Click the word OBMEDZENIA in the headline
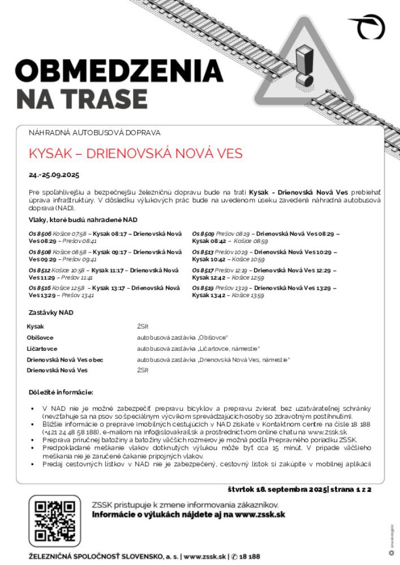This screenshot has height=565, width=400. (x=119, y=72)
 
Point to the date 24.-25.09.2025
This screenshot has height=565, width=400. (x=54, y=175)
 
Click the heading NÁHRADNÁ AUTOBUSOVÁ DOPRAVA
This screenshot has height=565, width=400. (x=94, y=133)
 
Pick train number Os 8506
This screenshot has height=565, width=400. (x=40, y=233)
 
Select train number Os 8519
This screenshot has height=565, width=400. (x=203, y=288)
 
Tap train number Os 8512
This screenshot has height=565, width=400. (x=40, y=270)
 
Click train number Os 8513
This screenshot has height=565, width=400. (x=203, y=251)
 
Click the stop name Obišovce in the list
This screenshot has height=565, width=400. (x=40, y=337)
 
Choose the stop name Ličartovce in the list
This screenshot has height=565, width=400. (x=42, y=349)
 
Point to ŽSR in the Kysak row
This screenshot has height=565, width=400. (x=142, y=327)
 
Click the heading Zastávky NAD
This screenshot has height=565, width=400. (x=51, y=312)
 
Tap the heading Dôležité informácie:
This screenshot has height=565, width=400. (x=60, y=392)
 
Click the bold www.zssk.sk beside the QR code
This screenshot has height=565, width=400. (x=258, y=515)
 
